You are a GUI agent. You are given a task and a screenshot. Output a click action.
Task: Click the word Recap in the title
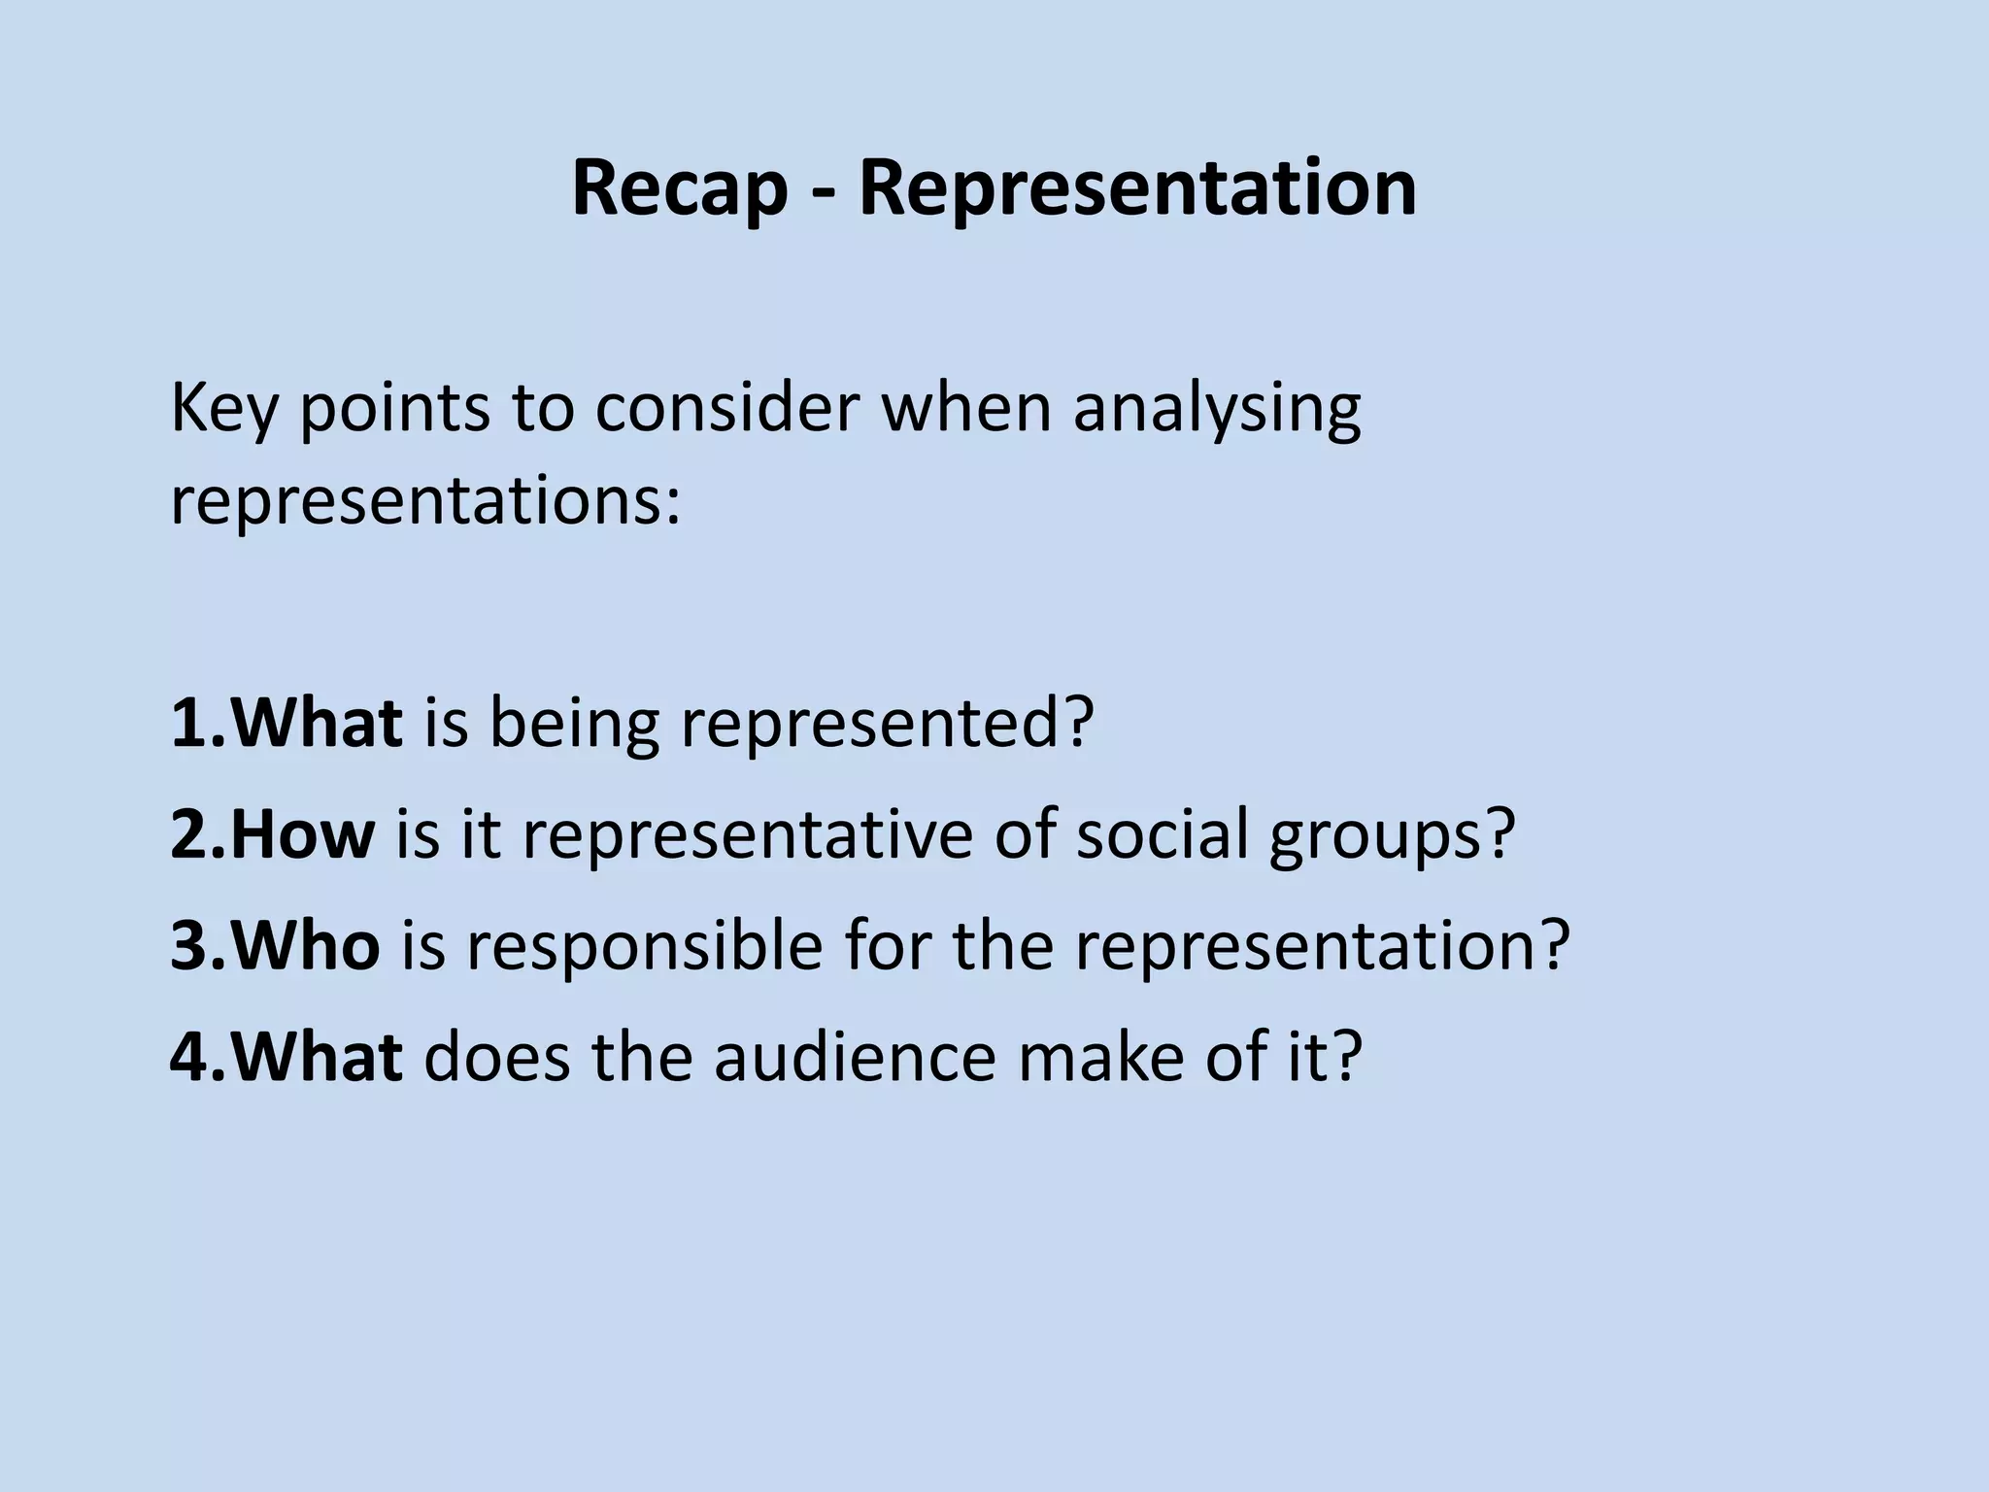coord(679,188)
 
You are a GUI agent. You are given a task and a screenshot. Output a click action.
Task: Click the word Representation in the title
coord(1137,188)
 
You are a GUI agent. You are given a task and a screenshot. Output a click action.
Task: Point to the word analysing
coord(1217,408)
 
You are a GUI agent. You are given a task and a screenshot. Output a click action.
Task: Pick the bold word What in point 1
coord(317,723)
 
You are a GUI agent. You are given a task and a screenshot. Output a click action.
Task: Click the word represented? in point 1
coord(887,725)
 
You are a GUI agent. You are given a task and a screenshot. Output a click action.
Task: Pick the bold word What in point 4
coord(317,1056)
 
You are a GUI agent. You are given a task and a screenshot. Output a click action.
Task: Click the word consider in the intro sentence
coord(727,408)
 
